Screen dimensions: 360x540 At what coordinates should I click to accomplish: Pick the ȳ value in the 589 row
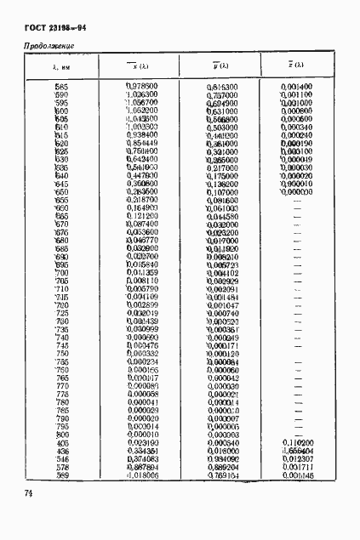222,475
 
